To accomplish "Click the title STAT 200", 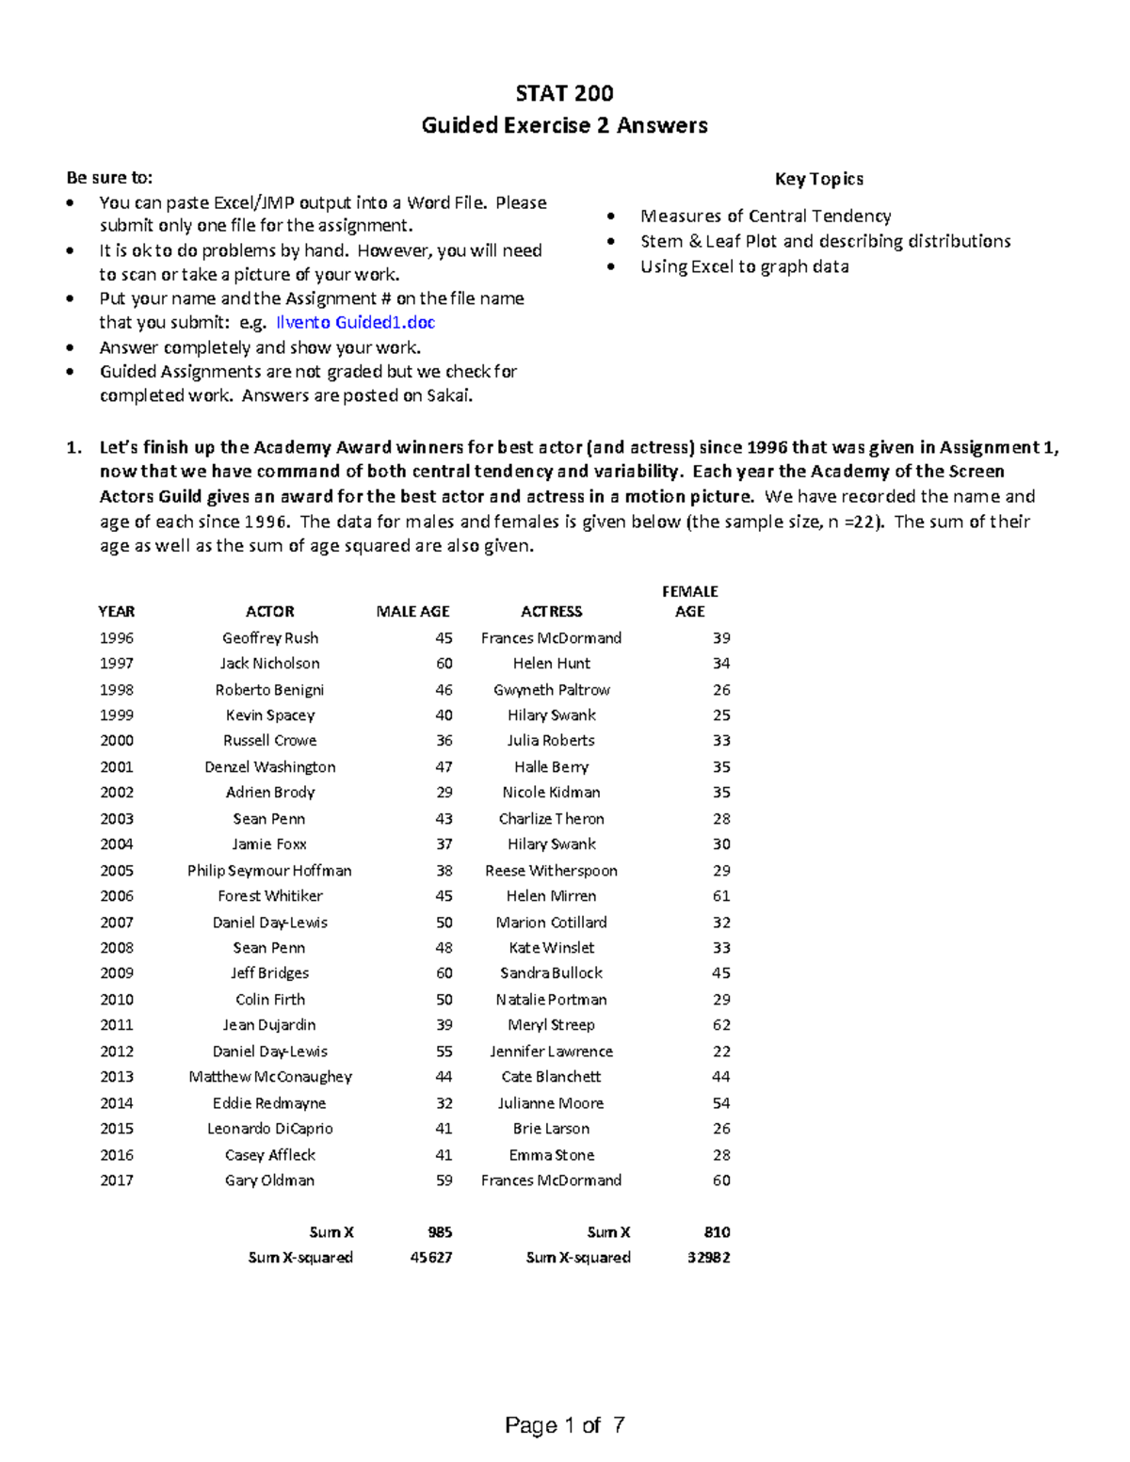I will [x=564, y=93].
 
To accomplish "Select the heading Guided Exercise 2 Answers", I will [x=564, y=125].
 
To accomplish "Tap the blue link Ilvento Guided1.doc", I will [x=355, y=323].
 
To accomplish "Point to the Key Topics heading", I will [x=818, y=179].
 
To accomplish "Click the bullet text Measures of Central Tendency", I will [x=766, y=217].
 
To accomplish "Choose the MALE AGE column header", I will [x=412, y=612].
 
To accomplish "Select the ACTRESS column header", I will [x=552, y=612].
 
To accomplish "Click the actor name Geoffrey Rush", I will [x=270, y=638].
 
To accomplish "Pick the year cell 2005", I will [x=117, y=871].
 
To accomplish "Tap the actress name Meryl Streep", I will [x=552, y=1025].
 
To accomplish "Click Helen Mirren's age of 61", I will [x=720, y=896].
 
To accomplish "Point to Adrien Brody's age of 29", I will [x=444, y=793].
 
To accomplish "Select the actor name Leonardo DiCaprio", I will [x=270, y=1129].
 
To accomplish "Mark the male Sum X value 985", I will [x=439, y=1232].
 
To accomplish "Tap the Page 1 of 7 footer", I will [x=564, y=1425].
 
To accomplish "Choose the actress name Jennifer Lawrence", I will [x=552, y=1052].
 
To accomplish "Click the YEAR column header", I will [x=117, y=612].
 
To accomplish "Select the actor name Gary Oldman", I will [x=270, y=1181].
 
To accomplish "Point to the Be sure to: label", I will [x=108, y=178].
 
